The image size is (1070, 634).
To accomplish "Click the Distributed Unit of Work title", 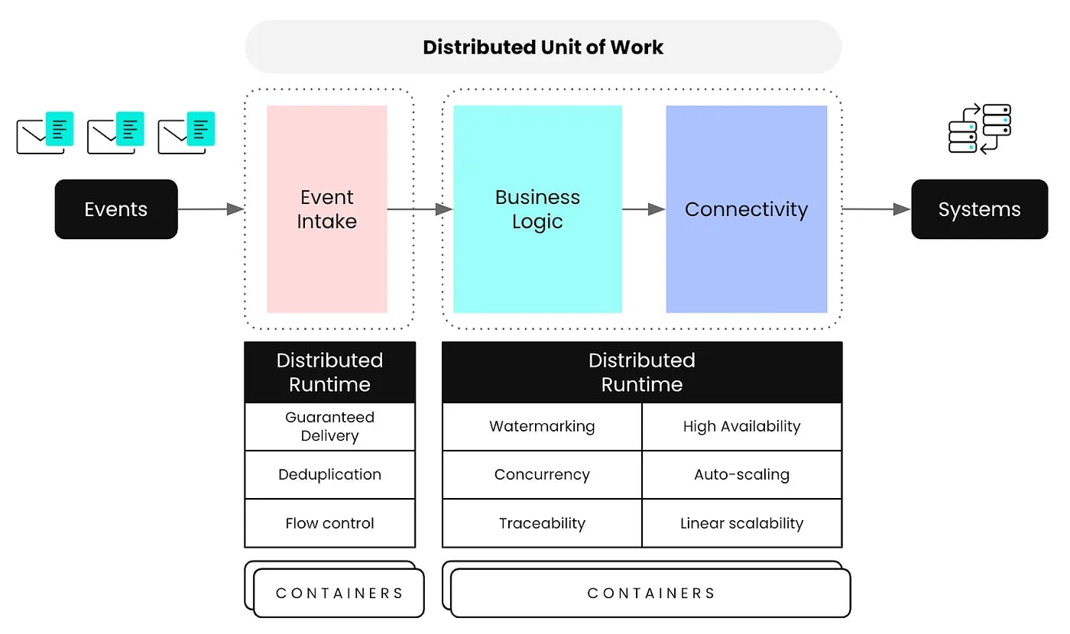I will pyautogui.click(x=543, y=47).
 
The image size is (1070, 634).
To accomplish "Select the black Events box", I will pyautogui.click(x=116, y=209).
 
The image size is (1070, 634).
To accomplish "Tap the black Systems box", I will pyautogui.click(x=979, y=209).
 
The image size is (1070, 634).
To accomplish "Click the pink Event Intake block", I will pyautogui.click(x=327, y=209).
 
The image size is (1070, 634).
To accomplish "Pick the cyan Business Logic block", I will pyautogui.click(x=537, y=209).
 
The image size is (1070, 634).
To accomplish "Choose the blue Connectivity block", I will pyautogui.click(x=746, y=209).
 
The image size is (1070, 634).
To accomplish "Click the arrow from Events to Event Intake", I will pyautogui.click(x=210, y=209).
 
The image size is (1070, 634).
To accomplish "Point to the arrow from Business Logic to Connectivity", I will pyautogui.click(x=644, y=209).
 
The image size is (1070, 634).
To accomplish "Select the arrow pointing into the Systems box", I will pyautogui.click(x=876, y=209).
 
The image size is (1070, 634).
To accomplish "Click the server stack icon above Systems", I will pyautogui.click(x=979, y=129).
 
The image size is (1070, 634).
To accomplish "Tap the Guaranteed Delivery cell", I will pyautogui.click(x=329, y=427).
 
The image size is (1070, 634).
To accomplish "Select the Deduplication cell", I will pyautogui.click(x=329, y=474).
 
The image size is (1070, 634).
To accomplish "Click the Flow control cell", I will pyautogui.click(x=329, y=523).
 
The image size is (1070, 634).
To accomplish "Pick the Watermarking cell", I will pyautogui.click(x=542, y=426).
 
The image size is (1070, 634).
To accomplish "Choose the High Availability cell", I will pyautogui.click(x=741, y=426).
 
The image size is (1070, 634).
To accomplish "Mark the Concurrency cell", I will pyautogui.click(x=542, y=474).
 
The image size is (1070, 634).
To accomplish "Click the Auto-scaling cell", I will pyautogui.click(x=741, y=474).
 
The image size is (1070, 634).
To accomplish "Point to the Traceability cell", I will pyautogui.click(x=542, y=523).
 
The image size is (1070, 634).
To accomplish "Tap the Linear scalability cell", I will pyautogui.click(x=741, y=523).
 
